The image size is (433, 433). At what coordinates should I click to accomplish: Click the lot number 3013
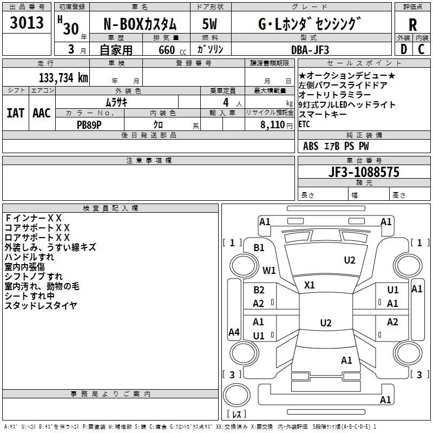pyautogui.click(x=27, y=22)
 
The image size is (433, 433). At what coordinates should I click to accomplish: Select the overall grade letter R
pyautogui.click(x=412, y=25)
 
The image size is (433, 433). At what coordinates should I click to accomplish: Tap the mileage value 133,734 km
pyautogui.click(x=63, y=78)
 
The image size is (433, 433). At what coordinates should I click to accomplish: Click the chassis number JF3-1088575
pyautogui.click(x=364, y=172)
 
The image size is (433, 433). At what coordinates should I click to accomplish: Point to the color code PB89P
pyautogui.click(x=89, y=125)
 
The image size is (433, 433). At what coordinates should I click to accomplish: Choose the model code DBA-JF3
pyautogui.click(x=310, y=50)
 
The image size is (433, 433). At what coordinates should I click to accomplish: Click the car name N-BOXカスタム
pyautogui.click(x=140, y=24)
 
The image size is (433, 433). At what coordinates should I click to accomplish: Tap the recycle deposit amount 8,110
pyautogui.click(x=273, y=125)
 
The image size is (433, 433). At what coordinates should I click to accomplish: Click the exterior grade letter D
pyautogui.click(x=404, y=49)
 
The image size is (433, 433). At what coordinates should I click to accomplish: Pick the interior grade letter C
pyautogui.click(x=421, y=49)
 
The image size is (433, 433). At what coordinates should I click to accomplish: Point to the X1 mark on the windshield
pyautogui.click(x=309, y=285)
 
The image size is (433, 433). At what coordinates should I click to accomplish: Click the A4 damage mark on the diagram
pyautogui.click(x=234, y=332)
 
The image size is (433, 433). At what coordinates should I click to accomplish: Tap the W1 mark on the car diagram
pyautogui.click(x=269, y=270)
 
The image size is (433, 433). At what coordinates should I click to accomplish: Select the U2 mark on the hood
pyautogui.click(x=350, y=260)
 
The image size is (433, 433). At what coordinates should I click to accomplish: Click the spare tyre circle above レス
pyautogui.click(x=237, y=395)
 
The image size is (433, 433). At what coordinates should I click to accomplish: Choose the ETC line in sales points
pyautogui.click(x=304, y=124)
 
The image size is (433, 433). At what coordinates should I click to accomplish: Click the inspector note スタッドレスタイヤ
pyautogui.click(x=41, y=305)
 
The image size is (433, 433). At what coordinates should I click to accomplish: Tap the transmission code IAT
pyautogui.click(x=16, y=113)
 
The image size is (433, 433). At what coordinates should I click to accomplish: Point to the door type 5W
pyautogui.click(x=209, y=24)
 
